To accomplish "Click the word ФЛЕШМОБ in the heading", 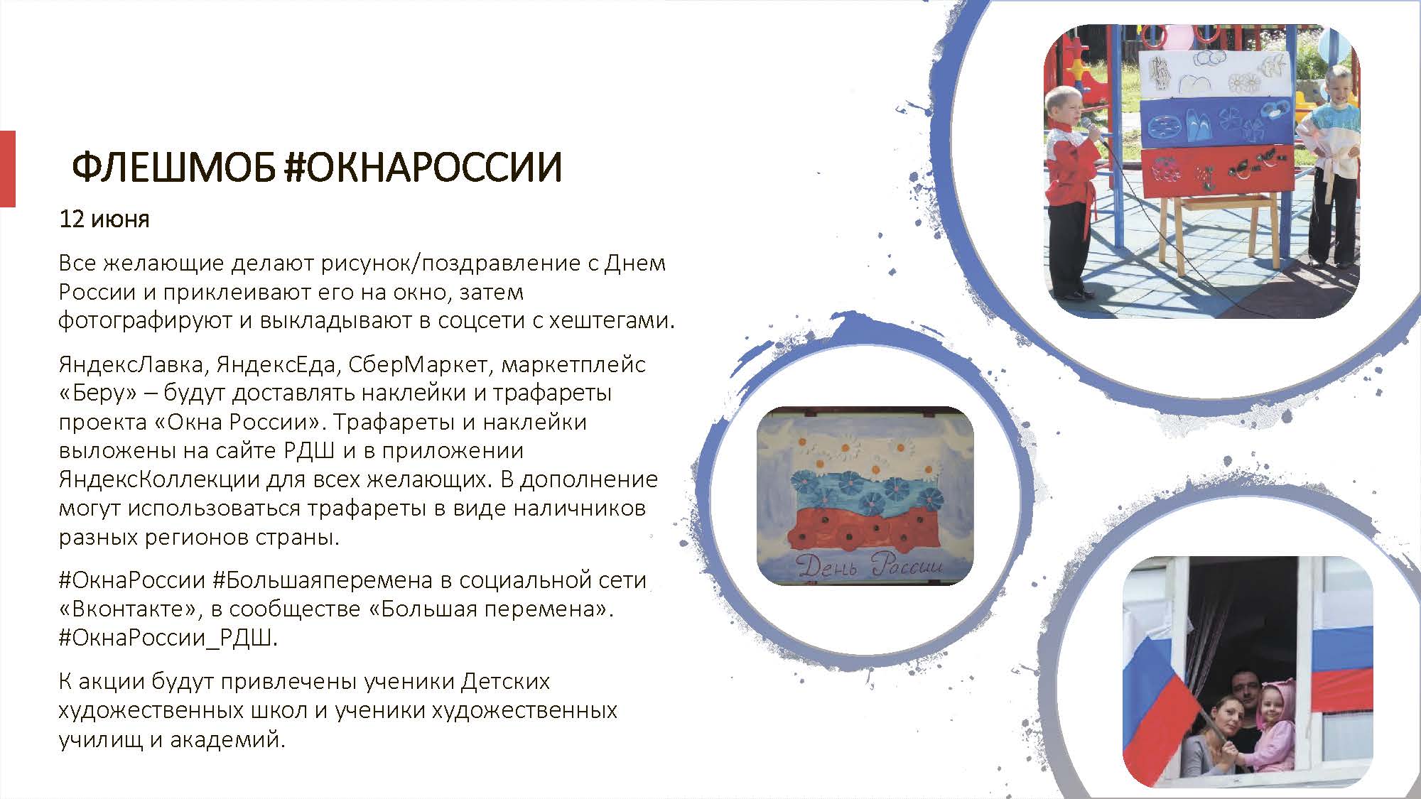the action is [173, 168].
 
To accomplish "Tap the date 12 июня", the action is [104, 219].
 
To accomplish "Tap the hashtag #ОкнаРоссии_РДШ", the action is [168, 638].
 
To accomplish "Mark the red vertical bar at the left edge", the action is [7, 169].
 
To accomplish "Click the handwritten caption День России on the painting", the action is [870, 566].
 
